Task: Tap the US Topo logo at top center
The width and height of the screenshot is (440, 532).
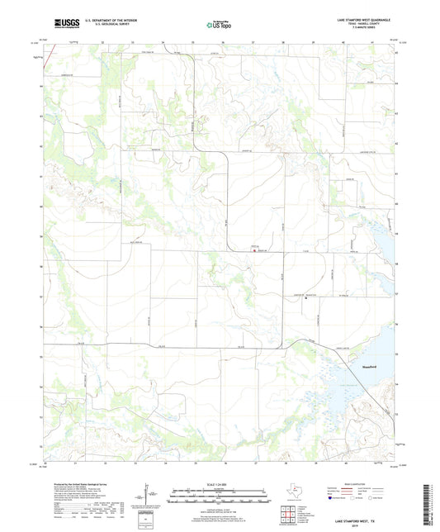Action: pos(219,24)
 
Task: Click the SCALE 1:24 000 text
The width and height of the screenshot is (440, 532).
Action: pos(220,483)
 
